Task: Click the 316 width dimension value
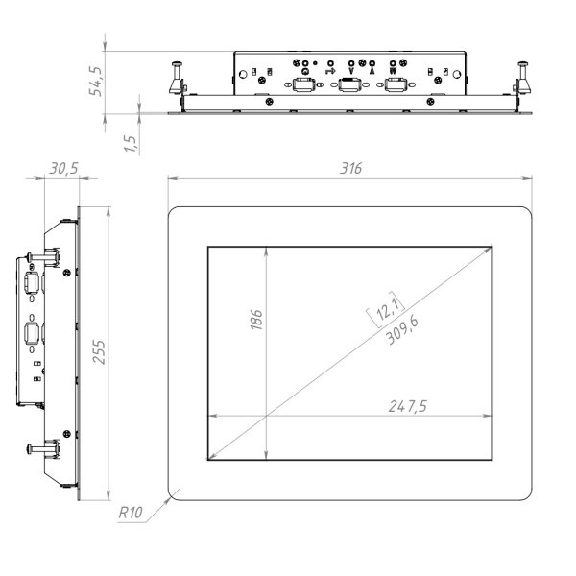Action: (350, 168)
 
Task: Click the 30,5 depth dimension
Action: (63, 168)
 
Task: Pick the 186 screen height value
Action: (256, 320)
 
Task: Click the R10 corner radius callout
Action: (131, 514)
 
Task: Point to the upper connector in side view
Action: (32, 285)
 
